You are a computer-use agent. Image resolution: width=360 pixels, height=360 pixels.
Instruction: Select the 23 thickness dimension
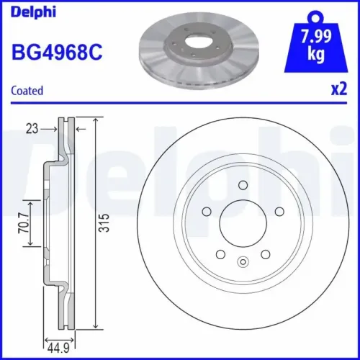point(30,129)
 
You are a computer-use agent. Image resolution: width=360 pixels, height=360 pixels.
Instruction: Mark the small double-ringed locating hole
point(242,261)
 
